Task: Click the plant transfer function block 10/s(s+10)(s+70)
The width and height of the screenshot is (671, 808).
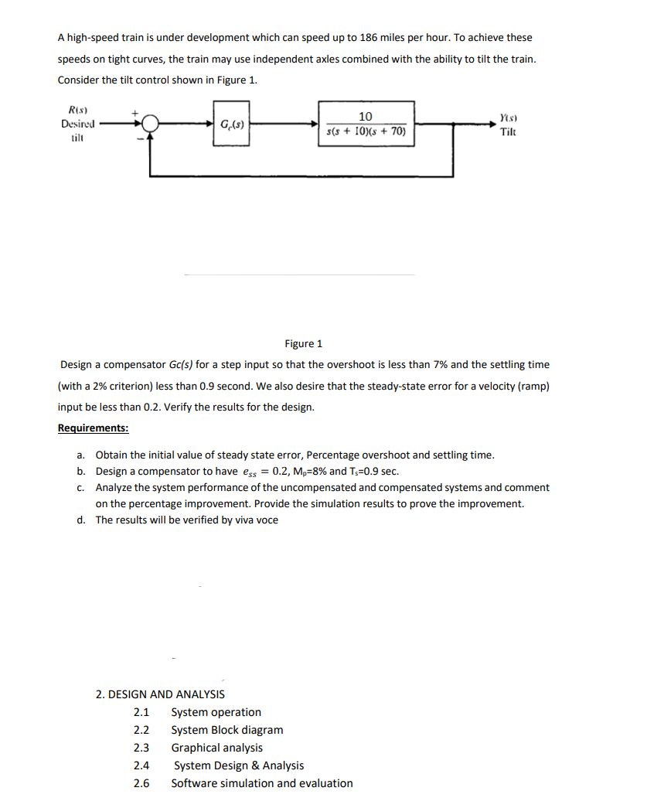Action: [x=366, y=124]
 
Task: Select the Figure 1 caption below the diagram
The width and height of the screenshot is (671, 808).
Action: [x=304, y=343]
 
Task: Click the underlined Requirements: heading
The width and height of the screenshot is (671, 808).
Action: [x=94, y=428]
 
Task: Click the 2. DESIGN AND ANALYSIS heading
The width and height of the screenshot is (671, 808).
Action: [x=160, y=694]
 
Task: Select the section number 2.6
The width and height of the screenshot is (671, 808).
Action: [x=141, y=783]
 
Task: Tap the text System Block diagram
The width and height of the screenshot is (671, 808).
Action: [x=227, y=730]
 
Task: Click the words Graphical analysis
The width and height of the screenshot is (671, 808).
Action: [x=216, y=748]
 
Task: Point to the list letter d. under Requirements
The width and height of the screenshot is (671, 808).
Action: [x=81, y=520]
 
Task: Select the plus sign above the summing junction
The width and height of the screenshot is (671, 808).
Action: [x=135, y=113]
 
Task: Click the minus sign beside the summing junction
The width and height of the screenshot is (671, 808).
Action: [x=140, y=138]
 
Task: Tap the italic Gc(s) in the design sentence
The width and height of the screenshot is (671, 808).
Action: [x=182, y=364]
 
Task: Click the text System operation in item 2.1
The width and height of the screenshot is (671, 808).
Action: [x=216, y=712]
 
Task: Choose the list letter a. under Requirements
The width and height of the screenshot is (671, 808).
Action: [x=81, y=455]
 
